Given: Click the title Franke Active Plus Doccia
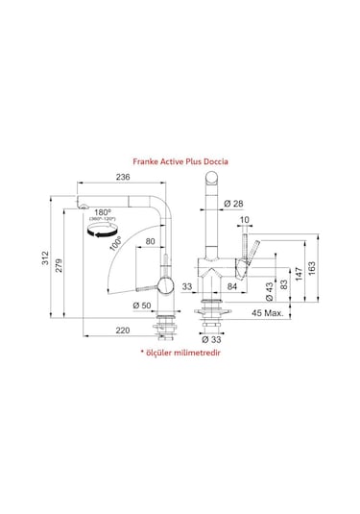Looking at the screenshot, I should pyautogui.click(x=180, y=163).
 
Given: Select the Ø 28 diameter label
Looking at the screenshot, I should pyautogui.click(x=231, y=203).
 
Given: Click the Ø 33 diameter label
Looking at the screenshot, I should pyautogui.click(x=210, y=339).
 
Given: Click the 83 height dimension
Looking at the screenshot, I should pyautogui.click(x=285, y=288).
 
